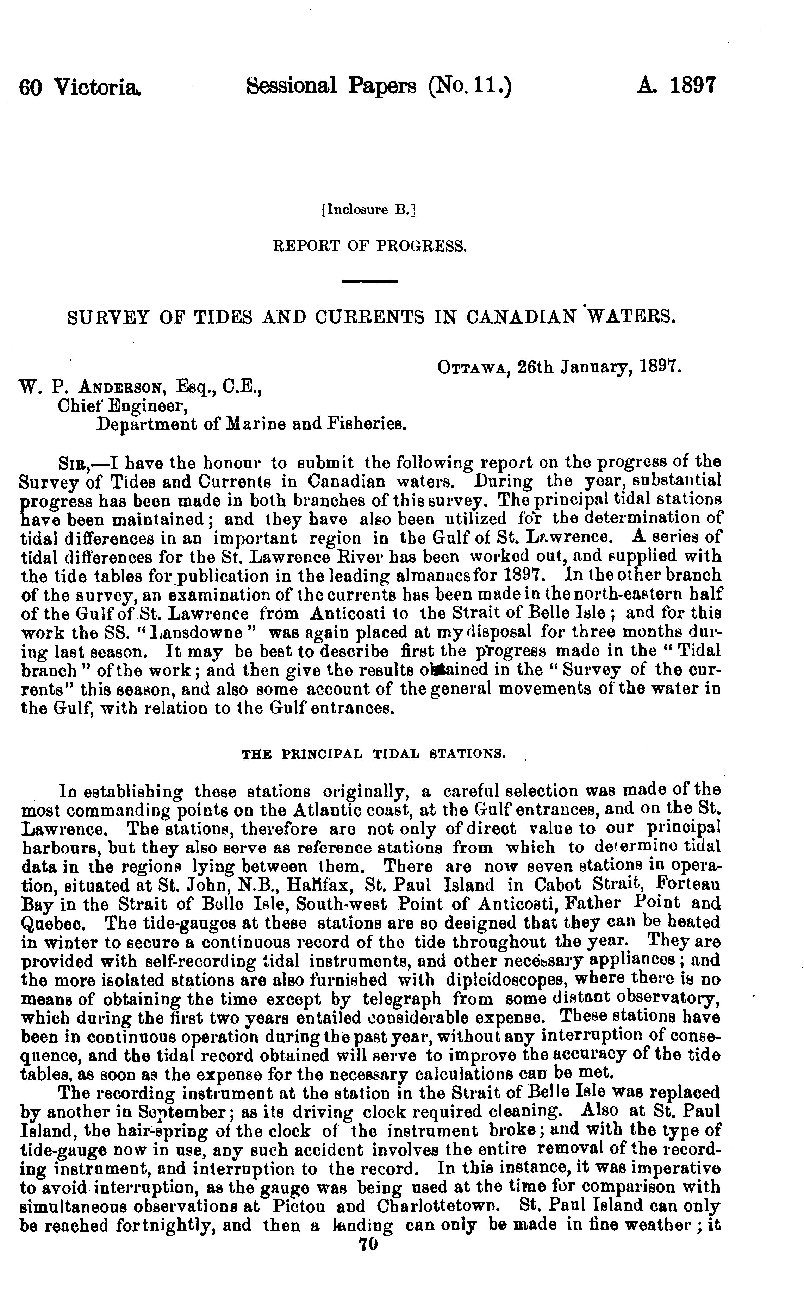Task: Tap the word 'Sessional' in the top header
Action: pos(292,86)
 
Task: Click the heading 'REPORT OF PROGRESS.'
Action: pos(370,246)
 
